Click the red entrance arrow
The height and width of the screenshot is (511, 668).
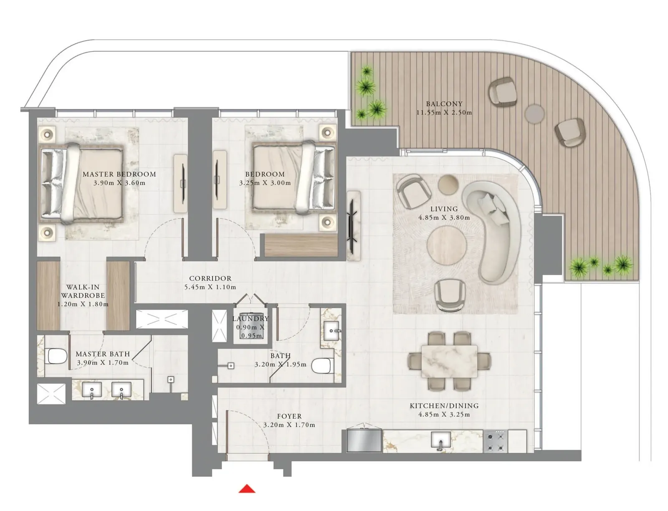tap(247, 488)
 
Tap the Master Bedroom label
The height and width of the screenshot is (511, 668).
tap(119, 174)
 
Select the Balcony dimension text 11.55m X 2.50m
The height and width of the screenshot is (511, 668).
tap(444, 113)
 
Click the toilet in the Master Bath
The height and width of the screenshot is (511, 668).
tap(57, 356)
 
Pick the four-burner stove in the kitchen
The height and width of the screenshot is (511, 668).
tap(495, 441)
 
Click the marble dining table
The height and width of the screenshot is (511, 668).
tap(449, 361)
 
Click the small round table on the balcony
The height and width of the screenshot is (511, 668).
tap(534, 114)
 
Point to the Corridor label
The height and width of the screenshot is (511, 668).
tap(210, 278)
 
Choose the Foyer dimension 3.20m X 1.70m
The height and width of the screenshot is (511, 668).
tap(289, 425)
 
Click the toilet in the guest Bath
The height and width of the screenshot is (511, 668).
tap(321, 366)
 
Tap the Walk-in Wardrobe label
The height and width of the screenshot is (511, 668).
tap(83, 291)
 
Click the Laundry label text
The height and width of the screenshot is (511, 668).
tap(250, 319)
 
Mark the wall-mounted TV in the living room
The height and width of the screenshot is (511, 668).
tap(353, 226)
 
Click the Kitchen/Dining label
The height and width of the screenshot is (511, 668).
tap(444, 405)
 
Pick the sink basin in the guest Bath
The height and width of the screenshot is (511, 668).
tap(331, 330)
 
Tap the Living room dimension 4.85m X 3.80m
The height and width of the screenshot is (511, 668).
tap(444, 218)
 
